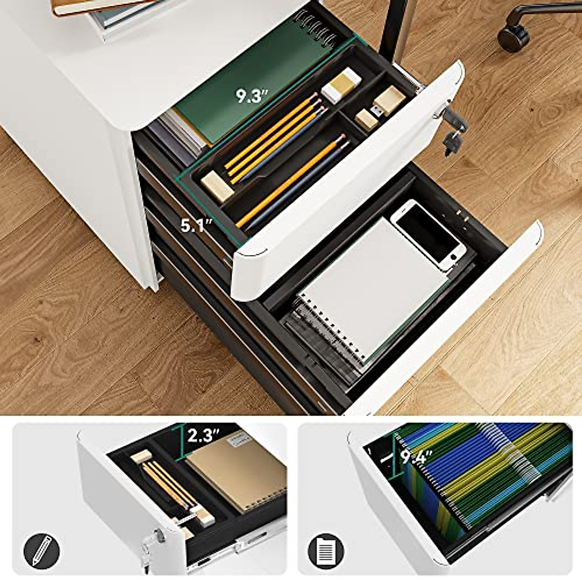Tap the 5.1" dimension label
195,225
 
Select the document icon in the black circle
326,550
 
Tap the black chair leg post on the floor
392,29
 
